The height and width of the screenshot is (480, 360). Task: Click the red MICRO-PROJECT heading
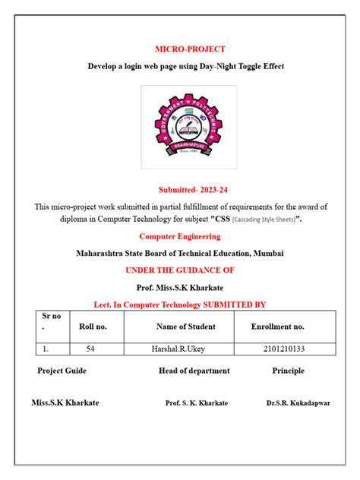tap(179, 49)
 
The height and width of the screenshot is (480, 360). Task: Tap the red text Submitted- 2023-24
tap(180, 190)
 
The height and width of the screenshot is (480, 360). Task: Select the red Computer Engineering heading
tap(180, 237)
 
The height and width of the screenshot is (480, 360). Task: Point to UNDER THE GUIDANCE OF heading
tap(179, 270)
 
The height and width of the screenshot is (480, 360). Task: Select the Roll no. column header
tap(93, 327)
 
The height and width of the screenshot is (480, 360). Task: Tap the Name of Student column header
tap(185, 327)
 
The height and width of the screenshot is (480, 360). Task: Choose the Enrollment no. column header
tap(277, 327)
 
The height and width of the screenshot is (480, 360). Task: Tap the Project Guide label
tap(62, 371)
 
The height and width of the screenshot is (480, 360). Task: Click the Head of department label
tap(194, 371)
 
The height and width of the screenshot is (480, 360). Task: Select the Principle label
tap(288, 371)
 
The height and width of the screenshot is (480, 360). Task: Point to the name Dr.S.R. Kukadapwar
tap(298, 403)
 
